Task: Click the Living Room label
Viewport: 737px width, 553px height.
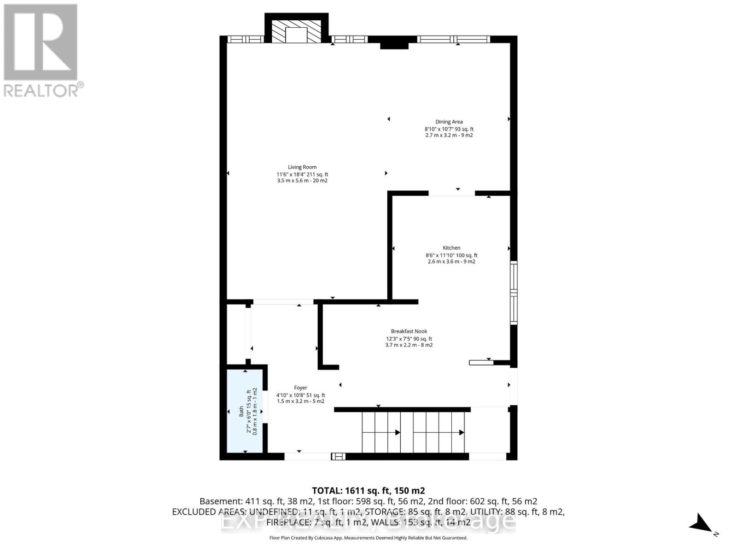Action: [x=302, y=167]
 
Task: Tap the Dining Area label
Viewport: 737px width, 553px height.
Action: [x=449, y=122]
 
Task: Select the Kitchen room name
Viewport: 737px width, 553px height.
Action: [x=451, y=248]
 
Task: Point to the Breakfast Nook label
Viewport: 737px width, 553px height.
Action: [x=409, y=331]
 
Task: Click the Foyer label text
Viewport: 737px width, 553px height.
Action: [x=300, y=388]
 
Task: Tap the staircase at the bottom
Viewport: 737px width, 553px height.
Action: [x=413, y=432]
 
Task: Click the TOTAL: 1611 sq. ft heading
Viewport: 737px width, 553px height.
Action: [x=368, y=491]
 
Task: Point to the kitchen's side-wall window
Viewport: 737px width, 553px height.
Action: [x=513, y=292]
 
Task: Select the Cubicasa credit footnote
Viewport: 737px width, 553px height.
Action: [x=368, y=538]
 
